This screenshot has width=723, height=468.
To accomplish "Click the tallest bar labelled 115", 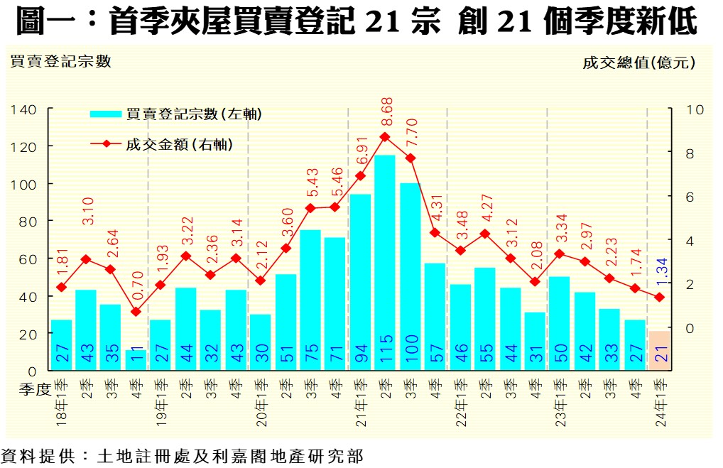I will [384, 263].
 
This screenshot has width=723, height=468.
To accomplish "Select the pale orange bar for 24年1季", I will [658, 350].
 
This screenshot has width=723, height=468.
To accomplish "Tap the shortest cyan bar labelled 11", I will [136, 359].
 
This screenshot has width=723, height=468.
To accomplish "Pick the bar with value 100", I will [409, 277].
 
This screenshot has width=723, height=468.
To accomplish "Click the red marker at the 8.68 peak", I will [384, 136].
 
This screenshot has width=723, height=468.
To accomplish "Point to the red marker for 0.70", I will [136, 311].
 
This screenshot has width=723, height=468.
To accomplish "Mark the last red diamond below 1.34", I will [658, 297].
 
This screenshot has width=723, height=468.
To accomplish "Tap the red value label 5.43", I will [310, 184].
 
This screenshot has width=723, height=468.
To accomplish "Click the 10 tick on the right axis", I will [695, 110].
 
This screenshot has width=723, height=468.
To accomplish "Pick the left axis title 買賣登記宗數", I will [60, 62].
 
